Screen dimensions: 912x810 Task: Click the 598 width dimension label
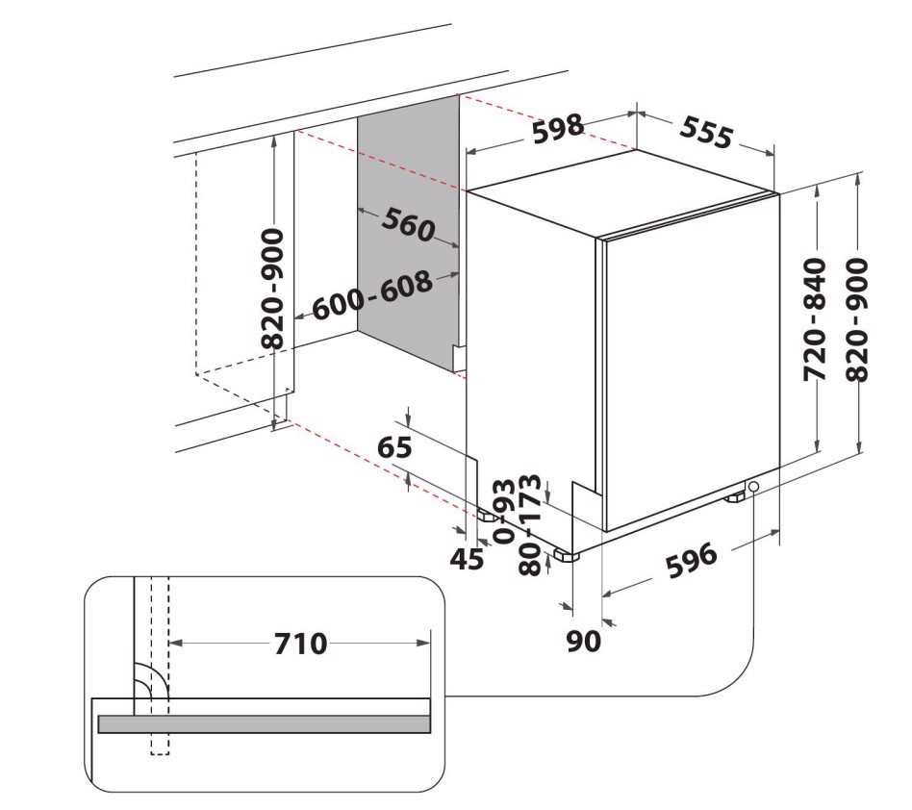coord(558,129)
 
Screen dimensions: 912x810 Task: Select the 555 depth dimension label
coord(706,133)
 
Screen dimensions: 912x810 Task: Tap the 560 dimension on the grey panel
coord(408,224)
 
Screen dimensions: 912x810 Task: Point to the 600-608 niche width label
coord(372,295)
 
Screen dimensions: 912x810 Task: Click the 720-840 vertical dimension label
coord(814,319)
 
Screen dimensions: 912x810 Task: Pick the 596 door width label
coord(692,560)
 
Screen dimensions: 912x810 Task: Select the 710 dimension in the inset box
coord(301,644)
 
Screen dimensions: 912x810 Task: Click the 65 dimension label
coord(394,447)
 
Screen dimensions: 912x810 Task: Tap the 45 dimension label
coord(467,559)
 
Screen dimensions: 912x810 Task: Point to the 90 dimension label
coord(583,642)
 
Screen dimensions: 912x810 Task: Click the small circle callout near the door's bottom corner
coord(754,487)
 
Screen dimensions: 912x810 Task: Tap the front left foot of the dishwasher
coord(567,556)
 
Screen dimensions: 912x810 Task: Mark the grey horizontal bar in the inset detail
coord(264,724)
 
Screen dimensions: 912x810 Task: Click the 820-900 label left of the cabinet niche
coord(273,289)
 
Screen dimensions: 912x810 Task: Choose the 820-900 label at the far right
coord(857,319)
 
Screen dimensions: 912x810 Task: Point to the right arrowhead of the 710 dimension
coord(423,644)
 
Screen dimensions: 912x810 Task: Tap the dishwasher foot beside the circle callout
coord(734,497)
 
